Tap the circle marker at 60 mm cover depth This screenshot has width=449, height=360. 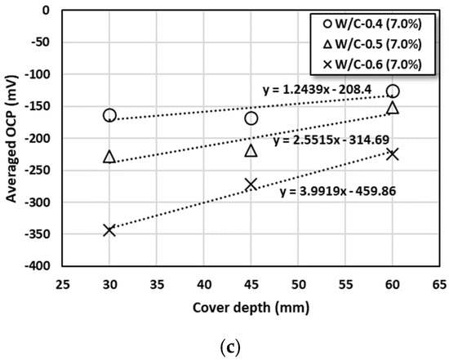[393, 91]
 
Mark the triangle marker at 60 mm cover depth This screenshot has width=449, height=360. [393, 107]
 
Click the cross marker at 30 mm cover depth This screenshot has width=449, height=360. [109, 230]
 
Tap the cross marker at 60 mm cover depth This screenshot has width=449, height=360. [393, 153]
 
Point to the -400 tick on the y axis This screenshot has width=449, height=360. [39, 266]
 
